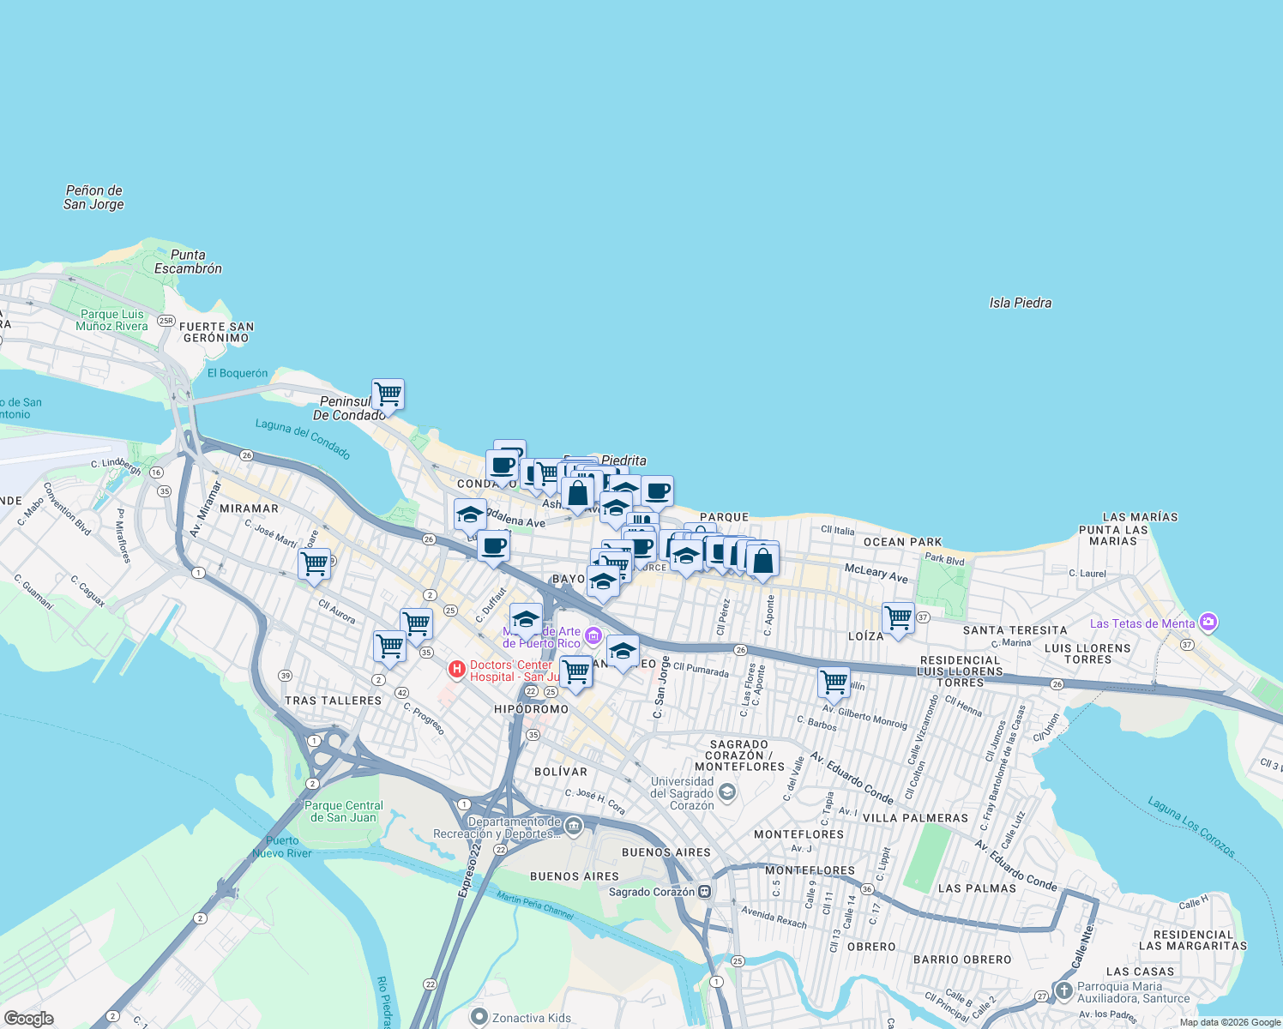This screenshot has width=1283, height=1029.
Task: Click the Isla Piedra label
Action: [x=1020, y=303]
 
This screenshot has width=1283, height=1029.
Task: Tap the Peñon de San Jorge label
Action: [x=93, y=197]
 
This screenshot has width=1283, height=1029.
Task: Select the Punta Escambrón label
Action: [x=188, y=262]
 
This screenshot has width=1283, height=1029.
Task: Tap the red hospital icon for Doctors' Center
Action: [x=457, y=668]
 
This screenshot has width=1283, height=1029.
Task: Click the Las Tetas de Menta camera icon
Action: [x=1208, y=622]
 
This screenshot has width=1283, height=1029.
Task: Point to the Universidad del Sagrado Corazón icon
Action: [x=727, y=791]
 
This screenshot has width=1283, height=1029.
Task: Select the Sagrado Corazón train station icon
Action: [x=705, y=892]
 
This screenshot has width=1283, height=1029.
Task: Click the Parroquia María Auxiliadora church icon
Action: [x=1064, y=991]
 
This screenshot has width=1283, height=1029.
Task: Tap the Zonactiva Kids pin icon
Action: [x=479, y=1018]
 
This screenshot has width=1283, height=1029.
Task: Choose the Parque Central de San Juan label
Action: [x=343, y=811]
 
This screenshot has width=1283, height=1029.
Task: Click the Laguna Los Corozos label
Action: [x=1192, y=827]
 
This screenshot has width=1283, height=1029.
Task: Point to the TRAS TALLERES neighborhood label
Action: [x=333, y=701]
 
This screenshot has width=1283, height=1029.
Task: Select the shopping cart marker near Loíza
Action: [x=898, y=617]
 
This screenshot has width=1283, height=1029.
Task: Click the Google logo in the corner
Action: [x=28, y=1019]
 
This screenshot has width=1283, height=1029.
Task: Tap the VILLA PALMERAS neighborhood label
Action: [x=915, y=818]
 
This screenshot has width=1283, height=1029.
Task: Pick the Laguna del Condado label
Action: [x=303, y=438]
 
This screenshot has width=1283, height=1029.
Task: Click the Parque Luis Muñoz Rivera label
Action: [x=111, y=320]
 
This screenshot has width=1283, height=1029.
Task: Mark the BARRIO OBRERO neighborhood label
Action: [x=962, y=960]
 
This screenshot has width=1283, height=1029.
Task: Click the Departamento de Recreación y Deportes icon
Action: [x=574, y=827]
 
